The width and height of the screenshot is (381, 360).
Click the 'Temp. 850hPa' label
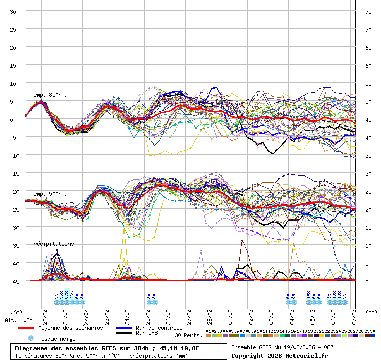coord(49,95)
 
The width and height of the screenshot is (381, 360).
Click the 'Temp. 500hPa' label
coord(49,194)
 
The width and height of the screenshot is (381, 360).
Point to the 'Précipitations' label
coord(52,244)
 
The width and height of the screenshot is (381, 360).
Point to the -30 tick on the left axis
coord(15,227)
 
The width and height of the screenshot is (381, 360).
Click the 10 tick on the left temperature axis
coord(13,83)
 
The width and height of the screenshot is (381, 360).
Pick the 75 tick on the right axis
coord(368,11)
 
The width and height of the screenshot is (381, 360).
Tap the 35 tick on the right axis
coord(368,155)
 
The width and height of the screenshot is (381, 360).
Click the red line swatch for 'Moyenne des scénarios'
coord(33,328)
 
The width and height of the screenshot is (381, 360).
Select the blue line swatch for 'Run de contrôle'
coord(124,328)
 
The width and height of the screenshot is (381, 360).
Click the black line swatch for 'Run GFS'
coord(124,333)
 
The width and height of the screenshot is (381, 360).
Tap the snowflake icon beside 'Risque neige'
coord(31,338)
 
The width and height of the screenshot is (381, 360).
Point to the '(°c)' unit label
coord(16,312)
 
